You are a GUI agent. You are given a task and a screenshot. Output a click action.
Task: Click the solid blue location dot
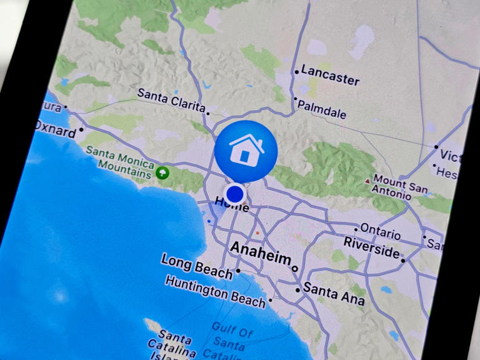pyautogui.click(x=234, y=194)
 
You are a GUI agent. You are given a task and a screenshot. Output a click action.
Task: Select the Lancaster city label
pyautogui.click(x=330, y=75)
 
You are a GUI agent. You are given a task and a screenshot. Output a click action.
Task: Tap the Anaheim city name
pyautogui.click(x=261, y=254)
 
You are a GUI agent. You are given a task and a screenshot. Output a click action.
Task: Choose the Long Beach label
pyautogui.click(x=197, y=265)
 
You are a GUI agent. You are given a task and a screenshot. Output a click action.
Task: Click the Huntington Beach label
pyautogui.click(x=215, y=291)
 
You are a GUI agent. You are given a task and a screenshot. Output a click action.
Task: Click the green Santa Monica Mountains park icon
pyautogui.click(x=162, y=172)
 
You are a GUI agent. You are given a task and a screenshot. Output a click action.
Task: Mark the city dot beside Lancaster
pyautogui.click(x=296, y=72)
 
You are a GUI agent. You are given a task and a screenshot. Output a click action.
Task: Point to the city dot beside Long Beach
pyautogui.click(x=238, y=272)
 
